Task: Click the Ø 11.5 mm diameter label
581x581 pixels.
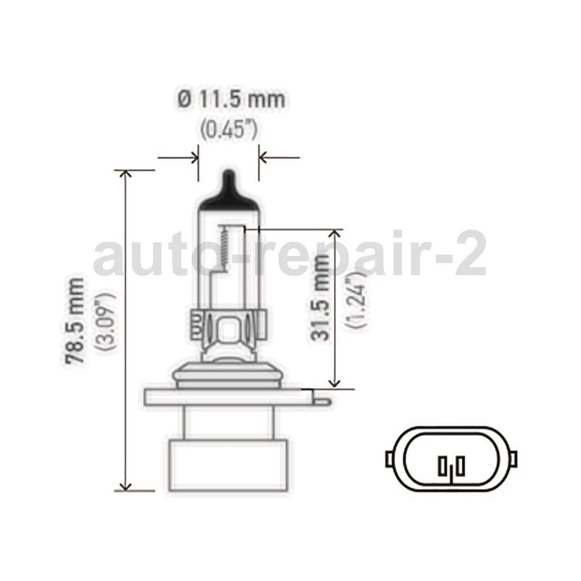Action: (231, 99)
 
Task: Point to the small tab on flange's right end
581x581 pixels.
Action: (323, 399)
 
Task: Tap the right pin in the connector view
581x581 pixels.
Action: (461, 467)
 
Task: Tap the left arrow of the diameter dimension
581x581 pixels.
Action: (192, 159)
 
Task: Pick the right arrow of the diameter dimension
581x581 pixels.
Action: (265, 159)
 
